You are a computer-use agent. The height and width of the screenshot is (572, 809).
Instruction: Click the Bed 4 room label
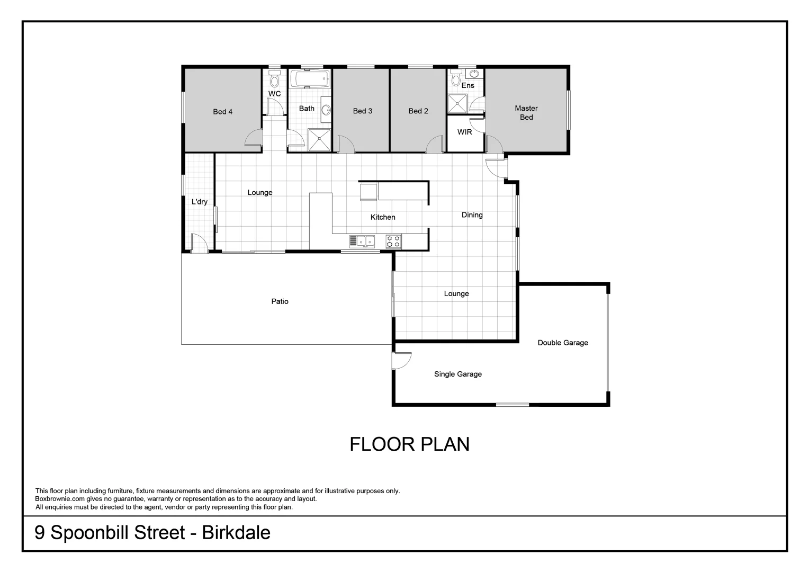pos(222,112)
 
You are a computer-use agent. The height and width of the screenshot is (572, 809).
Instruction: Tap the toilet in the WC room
pos(274,79)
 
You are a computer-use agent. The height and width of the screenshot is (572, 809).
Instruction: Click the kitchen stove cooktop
pos(393,242)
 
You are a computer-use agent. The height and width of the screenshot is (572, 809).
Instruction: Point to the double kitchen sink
pos(362,242)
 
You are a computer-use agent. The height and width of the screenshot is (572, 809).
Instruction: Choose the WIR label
pos(465,132)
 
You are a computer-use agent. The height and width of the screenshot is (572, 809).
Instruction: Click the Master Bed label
pos(526,113)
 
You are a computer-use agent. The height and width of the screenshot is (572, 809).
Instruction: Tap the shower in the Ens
pos(458,104)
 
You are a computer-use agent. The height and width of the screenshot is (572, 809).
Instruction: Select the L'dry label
pos(200,202)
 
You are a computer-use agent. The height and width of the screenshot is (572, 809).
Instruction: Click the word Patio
pos(280,301)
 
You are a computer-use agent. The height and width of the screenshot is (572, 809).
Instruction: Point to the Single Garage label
pos(458,374)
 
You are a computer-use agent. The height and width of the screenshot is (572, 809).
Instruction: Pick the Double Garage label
pos(563,343)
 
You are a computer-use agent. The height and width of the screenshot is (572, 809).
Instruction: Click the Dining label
pos(472,215)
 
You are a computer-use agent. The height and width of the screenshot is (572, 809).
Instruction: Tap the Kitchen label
pos(383,217)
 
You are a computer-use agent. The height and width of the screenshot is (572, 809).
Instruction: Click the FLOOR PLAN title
pos(409,444)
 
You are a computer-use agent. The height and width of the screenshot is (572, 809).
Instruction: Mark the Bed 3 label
pos(363,111)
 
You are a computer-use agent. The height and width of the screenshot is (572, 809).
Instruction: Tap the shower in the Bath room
pos(319,140)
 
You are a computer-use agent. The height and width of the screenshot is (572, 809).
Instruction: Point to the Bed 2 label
pos(418,111)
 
